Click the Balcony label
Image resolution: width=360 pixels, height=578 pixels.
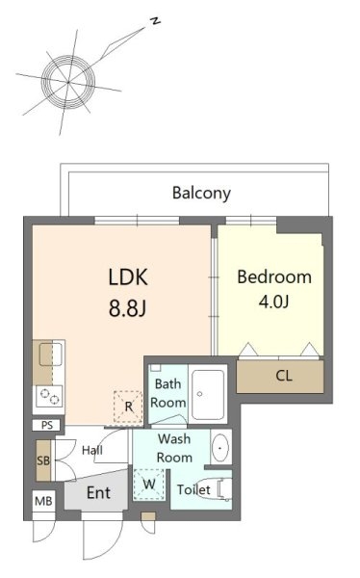tap(201, 193)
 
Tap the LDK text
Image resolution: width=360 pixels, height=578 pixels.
tap(128, 277)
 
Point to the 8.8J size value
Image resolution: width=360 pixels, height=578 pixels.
tap(127, 308)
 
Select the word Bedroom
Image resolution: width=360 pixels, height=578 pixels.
tap(274, 277)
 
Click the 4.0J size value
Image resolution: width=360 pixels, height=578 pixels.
tap(273, 302)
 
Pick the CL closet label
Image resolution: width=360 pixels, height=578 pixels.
tap(284, 376)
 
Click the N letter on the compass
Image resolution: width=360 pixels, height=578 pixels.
tap(156, 21)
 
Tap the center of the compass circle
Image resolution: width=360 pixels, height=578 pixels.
tap(68, 82)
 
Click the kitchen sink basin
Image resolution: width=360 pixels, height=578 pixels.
tap(51, 354)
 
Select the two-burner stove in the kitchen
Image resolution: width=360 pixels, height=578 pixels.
tap(49, 397)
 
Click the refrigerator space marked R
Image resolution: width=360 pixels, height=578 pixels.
tap(128, 407)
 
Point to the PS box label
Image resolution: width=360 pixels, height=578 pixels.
tap(47, 426)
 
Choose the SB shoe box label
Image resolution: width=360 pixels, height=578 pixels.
tap(43, 460)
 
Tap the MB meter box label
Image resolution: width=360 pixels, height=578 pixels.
tap(43, 501)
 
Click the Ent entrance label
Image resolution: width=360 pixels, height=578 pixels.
tap(98, 492)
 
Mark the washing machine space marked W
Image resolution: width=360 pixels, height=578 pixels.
tap(149, 485)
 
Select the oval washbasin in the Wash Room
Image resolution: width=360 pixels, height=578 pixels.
tap(220, 448)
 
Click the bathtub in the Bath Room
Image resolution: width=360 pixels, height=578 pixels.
tap(208, 395)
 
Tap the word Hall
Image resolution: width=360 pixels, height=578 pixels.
tap(92, 450)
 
